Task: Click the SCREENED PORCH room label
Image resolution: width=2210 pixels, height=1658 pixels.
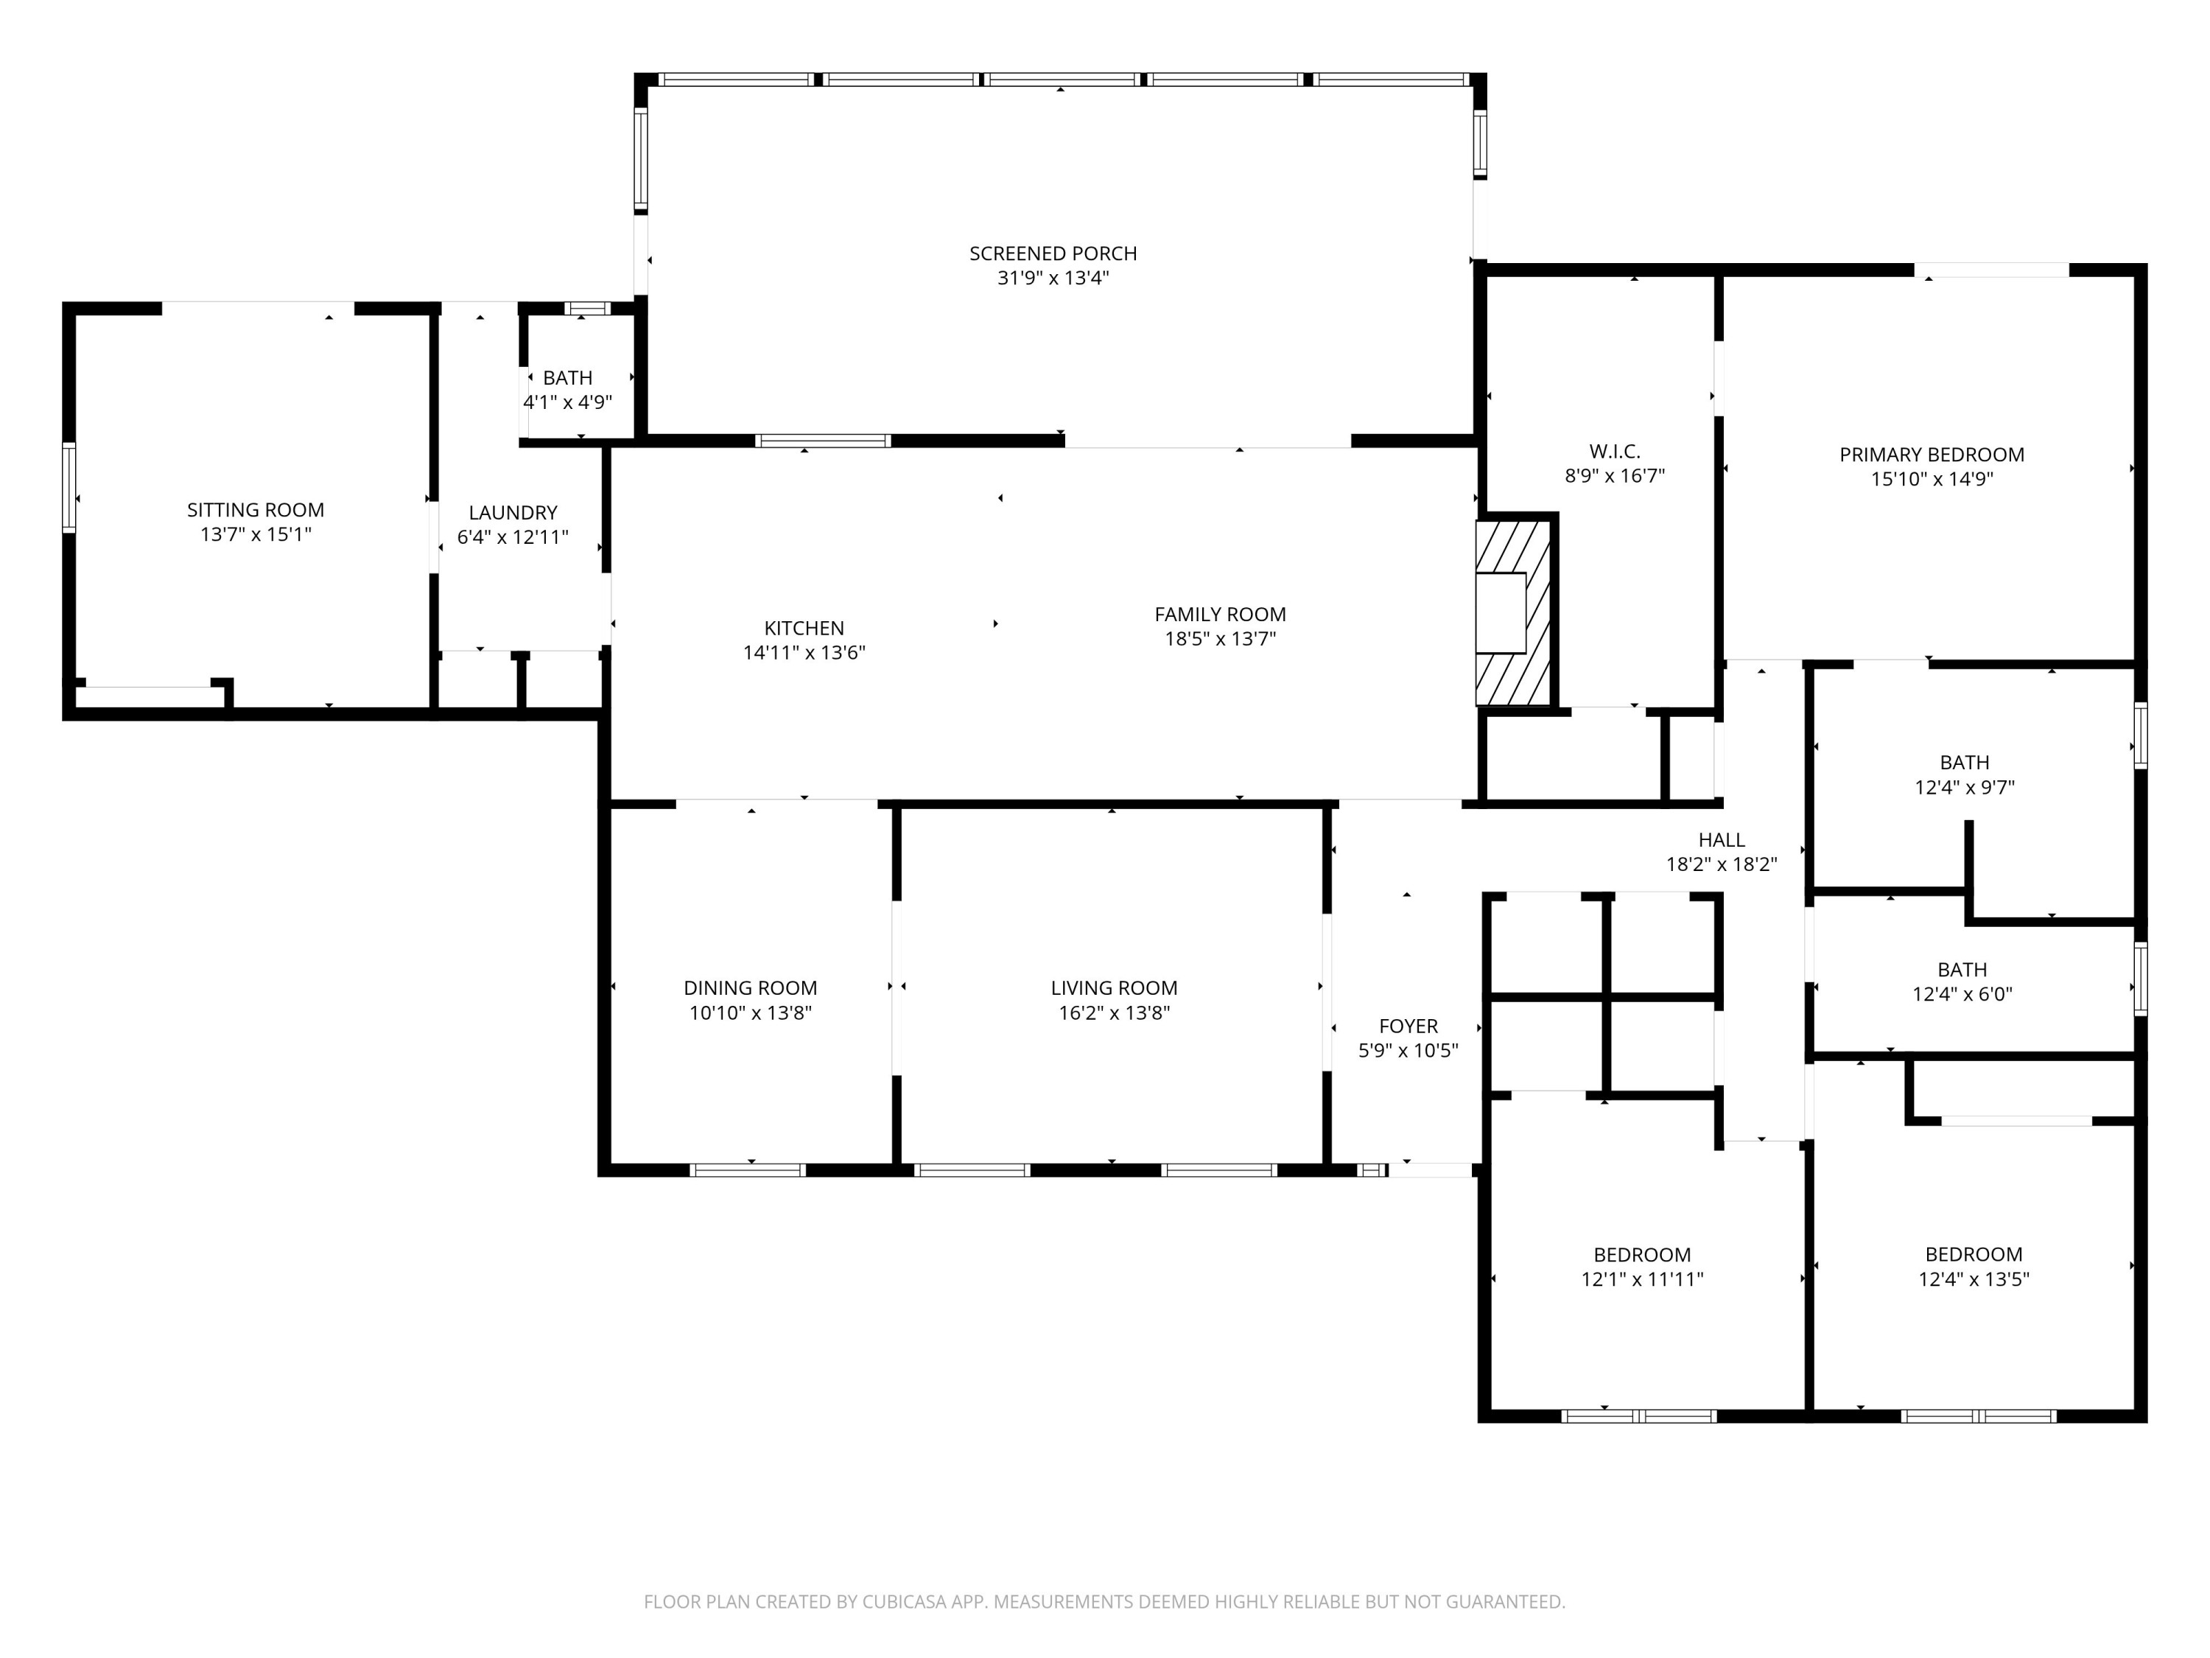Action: [1053, 253]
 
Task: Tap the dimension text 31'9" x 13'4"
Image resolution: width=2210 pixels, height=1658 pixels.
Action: [1053, 278]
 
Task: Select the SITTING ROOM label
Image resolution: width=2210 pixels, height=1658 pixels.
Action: [256, 510]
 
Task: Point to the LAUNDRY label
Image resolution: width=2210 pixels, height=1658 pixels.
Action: [513, 513]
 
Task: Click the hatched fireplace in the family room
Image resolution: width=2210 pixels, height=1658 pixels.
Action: [1512, 612]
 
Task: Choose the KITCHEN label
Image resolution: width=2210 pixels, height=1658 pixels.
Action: [804, 628]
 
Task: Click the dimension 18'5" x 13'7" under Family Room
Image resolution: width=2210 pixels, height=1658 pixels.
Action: [1220, 639]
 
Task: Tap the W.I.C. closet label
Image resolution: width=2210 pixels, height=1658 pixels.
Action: [1615, 452]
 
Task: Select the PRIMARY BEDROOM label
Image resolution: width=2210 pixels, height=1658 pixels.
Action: [1932, 455]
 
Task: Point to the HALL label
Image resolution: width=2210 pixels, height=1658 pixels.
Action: [1722, 841]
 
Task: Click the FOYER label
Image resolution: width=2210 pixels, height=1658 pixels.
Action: [1408, 1026]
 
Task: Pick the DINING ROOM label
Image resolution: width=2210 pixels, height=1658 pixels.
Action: [751, 987]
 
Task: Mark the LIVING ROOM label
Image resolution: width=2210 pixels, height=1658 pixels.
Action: [1114, 987]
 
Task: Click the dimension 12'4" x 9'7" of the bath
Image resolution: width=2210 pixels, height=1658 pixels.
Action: [1964, 788]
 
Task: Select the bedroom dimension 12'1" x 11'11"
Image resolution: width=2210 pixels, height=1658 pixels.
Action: [1641, 1279]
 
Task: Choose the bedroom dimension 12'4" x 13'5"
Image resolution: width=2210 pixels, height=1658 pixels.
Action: [1974, 1279]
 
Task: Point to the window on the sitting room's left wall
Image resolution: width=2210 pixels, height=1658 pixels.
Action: [69, 486]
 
